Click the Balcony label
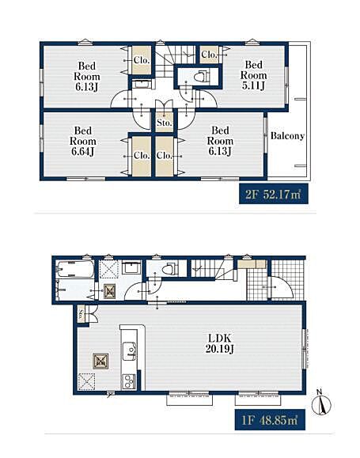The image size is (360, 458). pos(287,136)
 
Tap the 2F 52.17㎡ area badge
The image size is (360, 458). pos(274,194)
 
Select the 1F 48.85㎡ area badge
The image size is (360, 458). pos(270,420)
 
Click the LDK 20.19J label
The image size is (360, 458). pos(219,344)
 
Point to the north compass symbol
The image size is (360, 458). pos(321,403)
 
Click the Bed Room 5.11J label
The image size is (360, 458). pos(253,75)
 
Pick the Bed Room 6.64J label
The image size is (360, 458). pos(83,142)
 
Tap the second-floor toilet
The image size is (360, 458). pos(202,77)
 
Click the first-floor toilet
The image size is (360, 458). pos(170,269)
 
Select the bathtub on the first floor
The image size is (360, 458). pos(76,269)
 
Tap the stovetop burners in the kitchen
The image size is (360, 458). pos(129,381)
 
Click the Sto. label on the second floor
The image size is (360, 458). pos(165,123)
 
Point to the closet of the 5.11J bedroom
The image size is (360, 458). pos(209,55)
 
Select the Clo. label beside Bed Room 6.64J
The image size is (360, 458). pos(142,155)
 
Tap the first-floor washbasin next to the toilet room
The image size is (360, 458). pos(131,267)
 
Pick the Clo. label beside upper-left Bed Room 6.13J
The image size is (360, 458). pos(142,60)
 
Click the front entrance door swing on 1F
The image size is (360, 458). pos(282,287)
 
